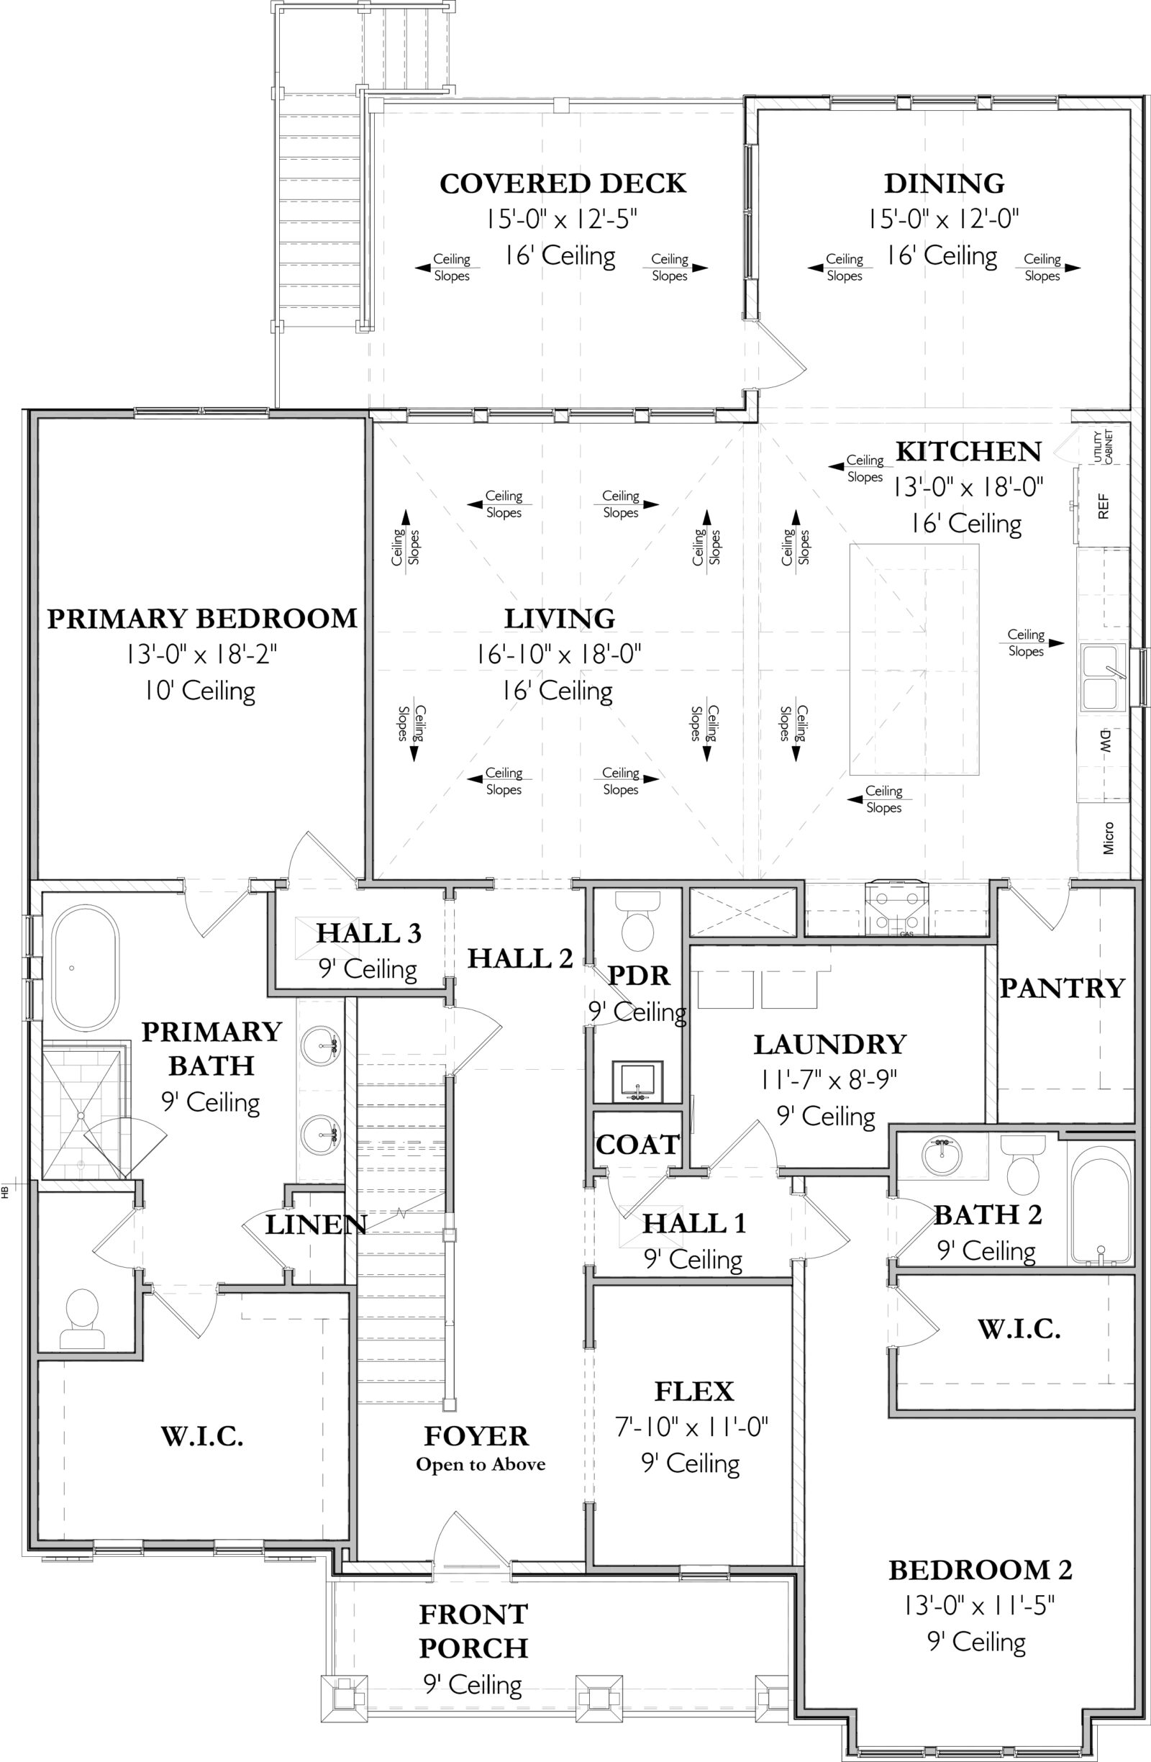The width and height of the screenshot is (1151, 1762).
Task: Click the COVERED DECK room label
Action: pos(563,183)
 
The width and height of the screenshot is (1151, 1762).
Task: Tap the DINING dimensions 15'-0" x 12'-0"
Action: pos(944,219)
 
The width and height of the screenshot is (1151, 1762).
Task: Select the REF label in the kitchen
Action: pos(1103,507)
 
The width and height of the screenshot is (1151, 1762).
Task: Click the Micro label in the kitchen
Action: pos(1108,838)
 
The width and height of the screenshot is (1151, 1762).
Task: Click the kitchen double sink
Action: pos(1103,678)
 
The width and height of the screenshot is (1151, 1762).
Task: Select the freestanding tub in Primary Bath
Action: pos(84,961)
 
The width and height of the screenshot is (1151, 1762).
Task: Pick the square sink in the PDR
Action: pos(637,1081)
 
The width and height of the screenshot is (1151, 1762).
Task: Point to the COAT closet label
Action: pos(637,1145)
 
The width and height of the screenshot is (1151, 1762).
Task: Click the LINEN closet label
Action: pos(315,1225)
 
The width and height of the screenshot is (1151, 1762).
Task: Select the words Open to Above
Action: pos(481,1464)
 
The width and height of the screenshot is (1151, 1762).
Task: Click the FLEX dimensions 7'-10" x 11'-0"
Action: pos(691,1427)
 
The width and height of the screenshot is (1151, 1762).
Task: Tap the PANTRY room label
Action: pos(1063,989)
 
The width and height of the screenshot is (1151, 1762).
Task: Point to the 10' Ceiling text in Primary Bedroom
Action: pos(200,691)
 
